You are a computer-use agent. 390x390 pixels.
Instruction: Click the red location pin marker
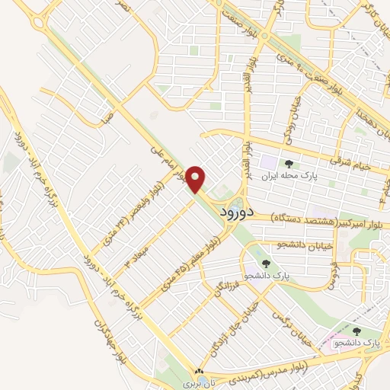click(x=196, y=179)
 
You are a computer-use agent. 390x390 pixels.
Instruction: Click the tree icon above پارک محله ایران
click(x=288, y=163)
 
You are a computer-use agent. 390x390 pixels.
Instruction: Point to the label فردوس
click(x=333, y=275)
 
